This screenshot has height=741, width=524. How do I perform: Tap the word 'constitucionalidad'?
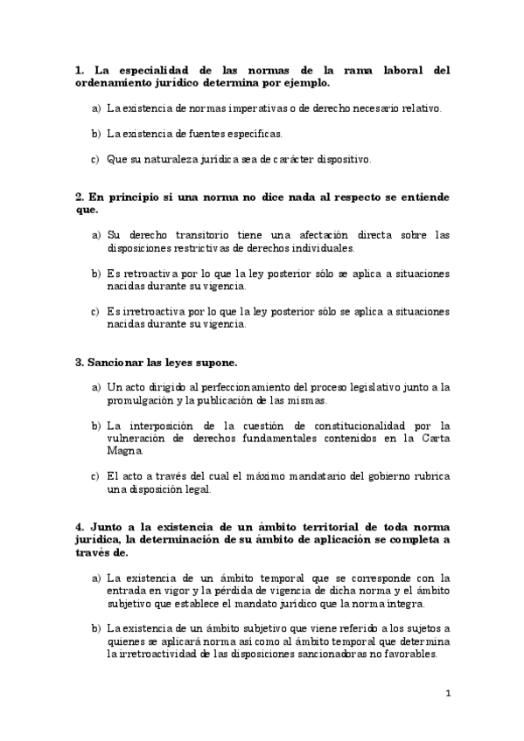point(360,426)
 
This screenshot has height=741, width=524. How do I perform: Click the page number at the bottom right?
point(448,695)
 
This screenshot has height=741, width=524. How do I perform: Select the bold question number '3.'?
point(80,362)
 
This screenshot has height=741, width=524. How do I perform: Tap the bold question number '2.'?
point(80,197)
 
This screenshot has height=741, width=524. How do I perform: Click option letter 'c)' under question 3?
point(95,476)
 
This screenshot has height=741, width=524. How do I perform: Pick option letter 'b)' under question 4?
point(95,629)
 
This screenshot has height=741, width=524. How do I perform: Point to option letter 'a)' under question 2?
point(95,235)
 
